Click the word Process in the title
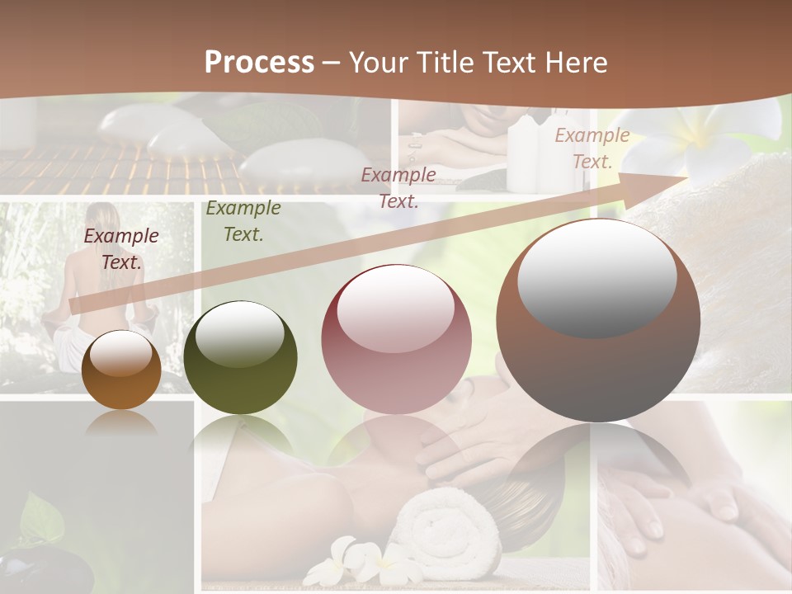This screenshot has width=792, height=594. tap(259, 63)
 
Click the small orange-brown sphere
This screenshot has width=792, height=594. tap(121, 370)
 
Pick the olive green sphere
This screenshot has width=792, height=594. tap(240, 357)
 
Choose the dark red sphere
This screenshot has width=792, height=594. tap(396, 339)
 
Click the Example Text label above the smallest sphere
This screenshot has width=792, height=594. tap(121, 249)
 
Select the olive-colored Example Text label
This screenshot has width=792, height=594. tap(243, 221)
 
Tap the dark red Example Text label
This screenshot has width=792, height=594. tap(398, 187)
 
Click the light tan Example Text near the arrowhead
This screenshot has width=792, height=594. tap(592, 148)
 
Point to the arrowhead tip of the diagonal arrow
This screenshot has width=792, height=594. tap(686, 176)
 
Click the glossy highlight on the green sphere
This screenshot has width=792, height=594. tap(240, 335)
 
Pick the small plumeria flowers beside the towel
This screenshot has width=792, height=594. tap(363, 561)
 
